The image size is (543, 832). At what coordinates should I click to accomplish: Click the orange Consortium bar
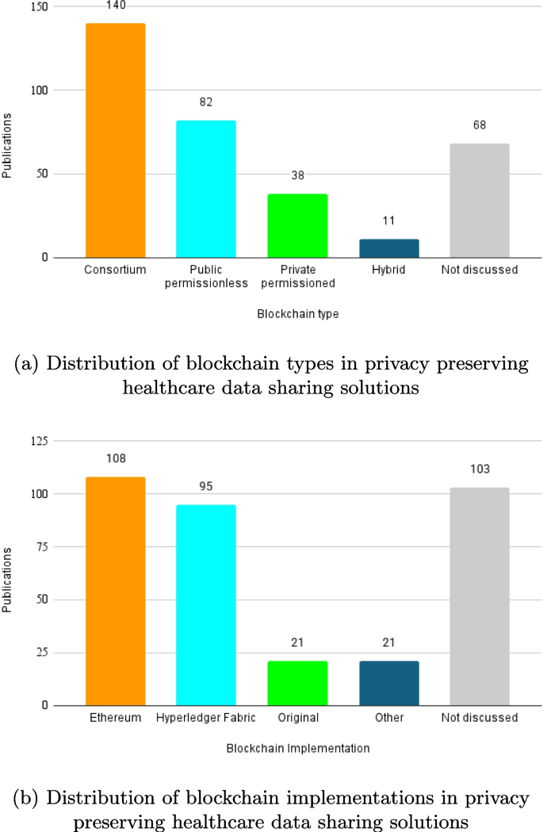[115, 140]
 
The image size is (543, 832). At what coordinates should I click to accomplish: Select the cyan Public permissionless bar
[206, 189]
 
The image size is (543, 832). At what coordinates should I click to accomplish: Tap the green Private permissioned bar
[297, 225]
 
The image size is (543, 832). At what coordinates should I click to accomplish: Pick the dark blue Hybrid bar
[388, 248]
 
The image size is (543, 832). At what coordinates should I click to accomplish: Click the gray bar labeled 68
[480, 201]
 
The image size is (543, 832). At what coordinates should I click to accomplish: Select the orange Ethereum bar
[115, 591]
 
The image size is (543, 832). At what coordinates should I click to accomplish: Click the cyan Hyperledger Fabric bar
[206, 604]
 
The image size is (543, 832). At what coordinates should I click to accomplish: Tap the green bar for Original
[297, 683]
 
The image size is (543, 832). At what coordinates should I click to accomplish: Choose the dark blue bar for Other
[388, 683]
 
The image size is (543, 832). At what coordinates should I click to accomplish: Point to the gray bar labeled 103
[480, 596]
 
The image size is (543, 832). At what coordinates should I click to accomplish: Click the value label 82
[206, 102]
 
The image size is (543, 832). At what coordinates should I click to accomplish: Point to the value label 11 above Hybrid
[388, 220]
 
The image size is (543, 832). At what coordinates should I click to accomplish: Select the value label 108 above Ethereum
[115, 458]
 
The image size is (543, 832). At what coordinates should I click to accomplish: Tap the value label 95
[206, 486]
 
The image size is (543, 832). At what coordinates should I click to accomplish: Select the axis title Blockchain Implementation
[297, 748]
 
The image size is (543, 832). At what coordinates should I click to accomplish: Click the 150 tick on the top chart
[39, 7]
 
